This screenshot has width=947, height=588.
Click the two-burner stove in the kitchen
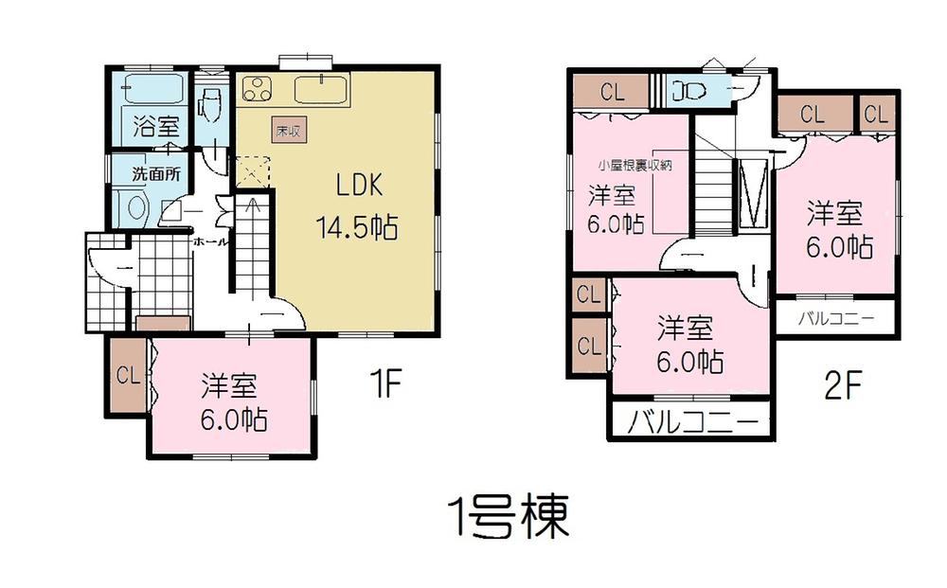point(257,90)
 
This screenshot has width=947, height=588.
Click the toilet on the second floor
point(683,92)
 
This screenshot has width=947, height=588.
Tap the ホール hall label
point(209,242)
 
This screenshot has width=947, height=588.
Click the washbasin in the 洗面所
point(134,207)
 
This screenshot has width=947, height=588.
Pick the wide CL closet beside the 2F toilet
point(612,93)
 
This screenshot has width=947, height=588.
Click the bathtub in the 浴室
point(152,91)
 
